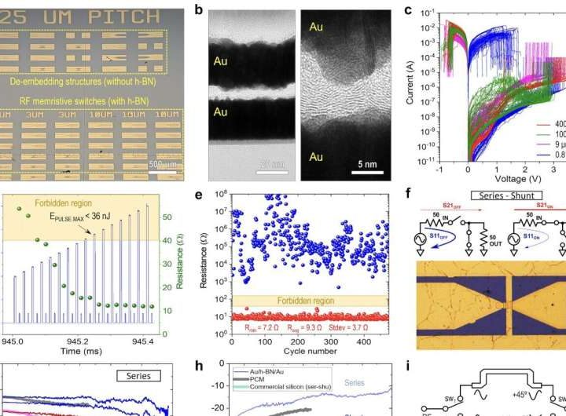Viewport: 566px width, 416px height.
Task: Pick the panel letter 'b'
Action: pos(198,10)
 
